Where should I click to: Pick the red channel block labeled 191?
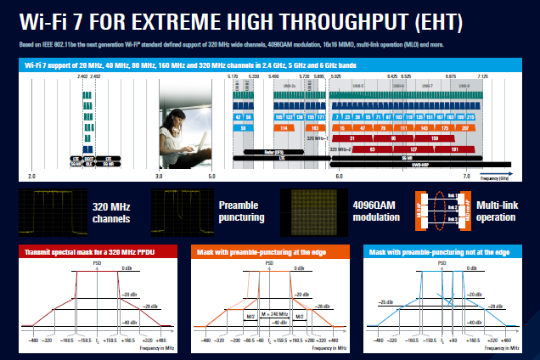[x=433, y=148]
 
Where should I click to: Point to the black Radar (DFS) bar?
[x=274, y=150]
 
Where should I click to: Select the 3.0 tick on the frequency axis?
[x=159, y=175]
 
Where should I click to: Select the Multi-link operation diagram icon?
[x=432, y=211]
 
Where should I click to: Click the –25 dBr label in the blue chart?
[x=385, y=302]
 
